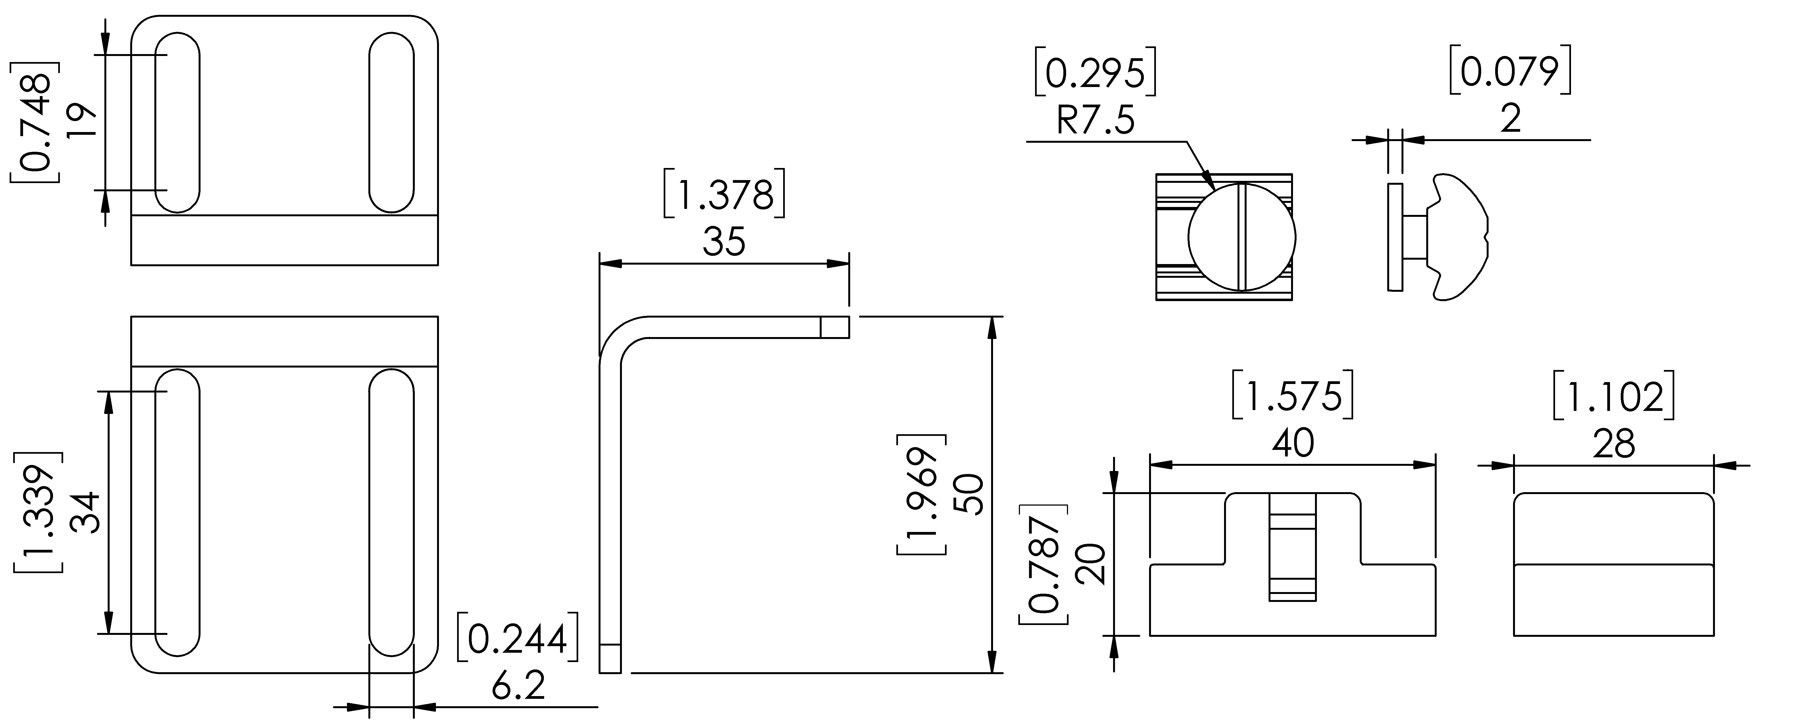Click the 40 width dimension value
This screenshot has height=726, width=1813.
coord(1293,443)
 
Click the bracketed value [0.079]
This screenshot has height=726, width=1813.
coord(1510,70)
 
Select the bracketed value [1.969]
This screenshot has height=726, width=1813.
coord(921,495)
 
